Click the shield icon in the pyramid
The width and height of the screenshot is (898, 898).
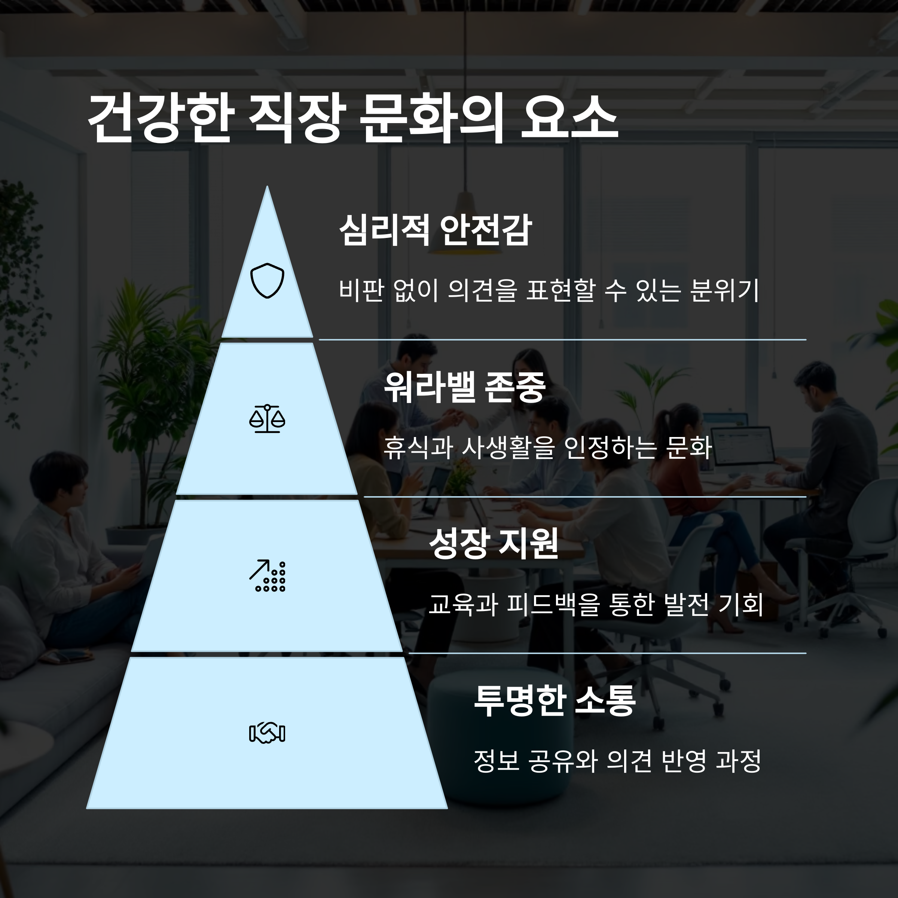(267, 280)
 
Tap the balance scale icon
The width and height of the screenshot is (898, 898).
(267, 419)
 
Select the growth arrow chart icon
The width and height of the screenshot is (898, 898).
(267, 575)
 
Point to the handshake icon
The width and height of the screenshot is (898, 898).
(267, 733)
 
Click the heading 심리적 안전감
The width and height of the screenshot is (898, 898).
(435, 230)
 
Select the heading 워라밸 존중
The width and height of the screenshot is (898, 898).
(464, 387)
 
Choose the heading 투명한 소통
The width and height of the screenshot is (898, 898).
(554, 700)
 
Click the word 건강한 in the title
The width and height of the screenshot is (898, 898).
(159, 119)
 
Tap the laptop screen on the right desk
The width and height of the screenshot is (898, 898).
(742, 445)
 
